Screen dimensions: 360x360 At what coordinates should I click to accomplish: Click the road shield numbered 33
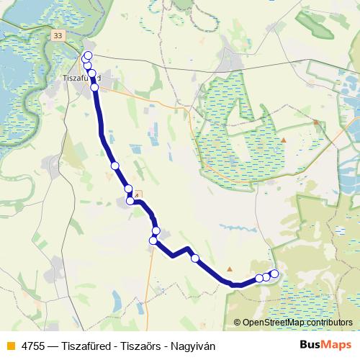(58, 34)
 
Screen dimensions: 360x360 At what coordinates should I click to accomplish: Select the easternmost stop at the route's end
(274, 274)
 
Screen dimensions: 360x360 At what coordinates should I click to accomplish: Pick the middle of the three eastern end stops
(266, 276)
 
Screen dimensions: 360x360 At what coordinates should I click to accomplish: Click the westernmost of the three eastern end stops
(259, 279)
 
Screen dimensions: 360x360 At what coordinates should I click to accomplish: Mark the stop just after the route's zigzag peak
(194, 258)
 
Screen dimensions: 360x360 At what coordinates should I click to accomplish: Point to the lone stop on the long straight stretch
(114, 166)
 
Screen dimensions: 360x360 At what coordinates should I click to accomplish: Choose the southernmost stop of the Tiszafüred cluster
(94, 88)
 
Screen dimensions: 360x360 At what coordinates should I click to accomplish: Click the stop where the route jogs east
(130, 201)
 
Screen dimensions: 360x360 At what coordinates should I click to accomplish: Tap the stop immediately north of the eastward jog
(129, 189)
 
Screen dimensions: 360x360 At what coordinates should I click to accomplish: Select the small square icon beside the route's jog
(138, 194)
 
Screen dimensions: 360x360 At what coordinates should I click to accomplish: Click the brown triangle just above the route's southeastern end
(229, 269)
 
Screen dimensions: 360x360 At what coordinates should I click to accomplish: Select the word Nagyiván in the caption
(192, 346)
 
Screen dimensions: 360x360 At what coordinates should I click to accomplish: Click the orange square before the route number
(10, 346)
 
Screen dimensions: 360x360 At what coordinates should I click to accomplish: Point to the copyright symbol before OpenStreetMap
(238, 323)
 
